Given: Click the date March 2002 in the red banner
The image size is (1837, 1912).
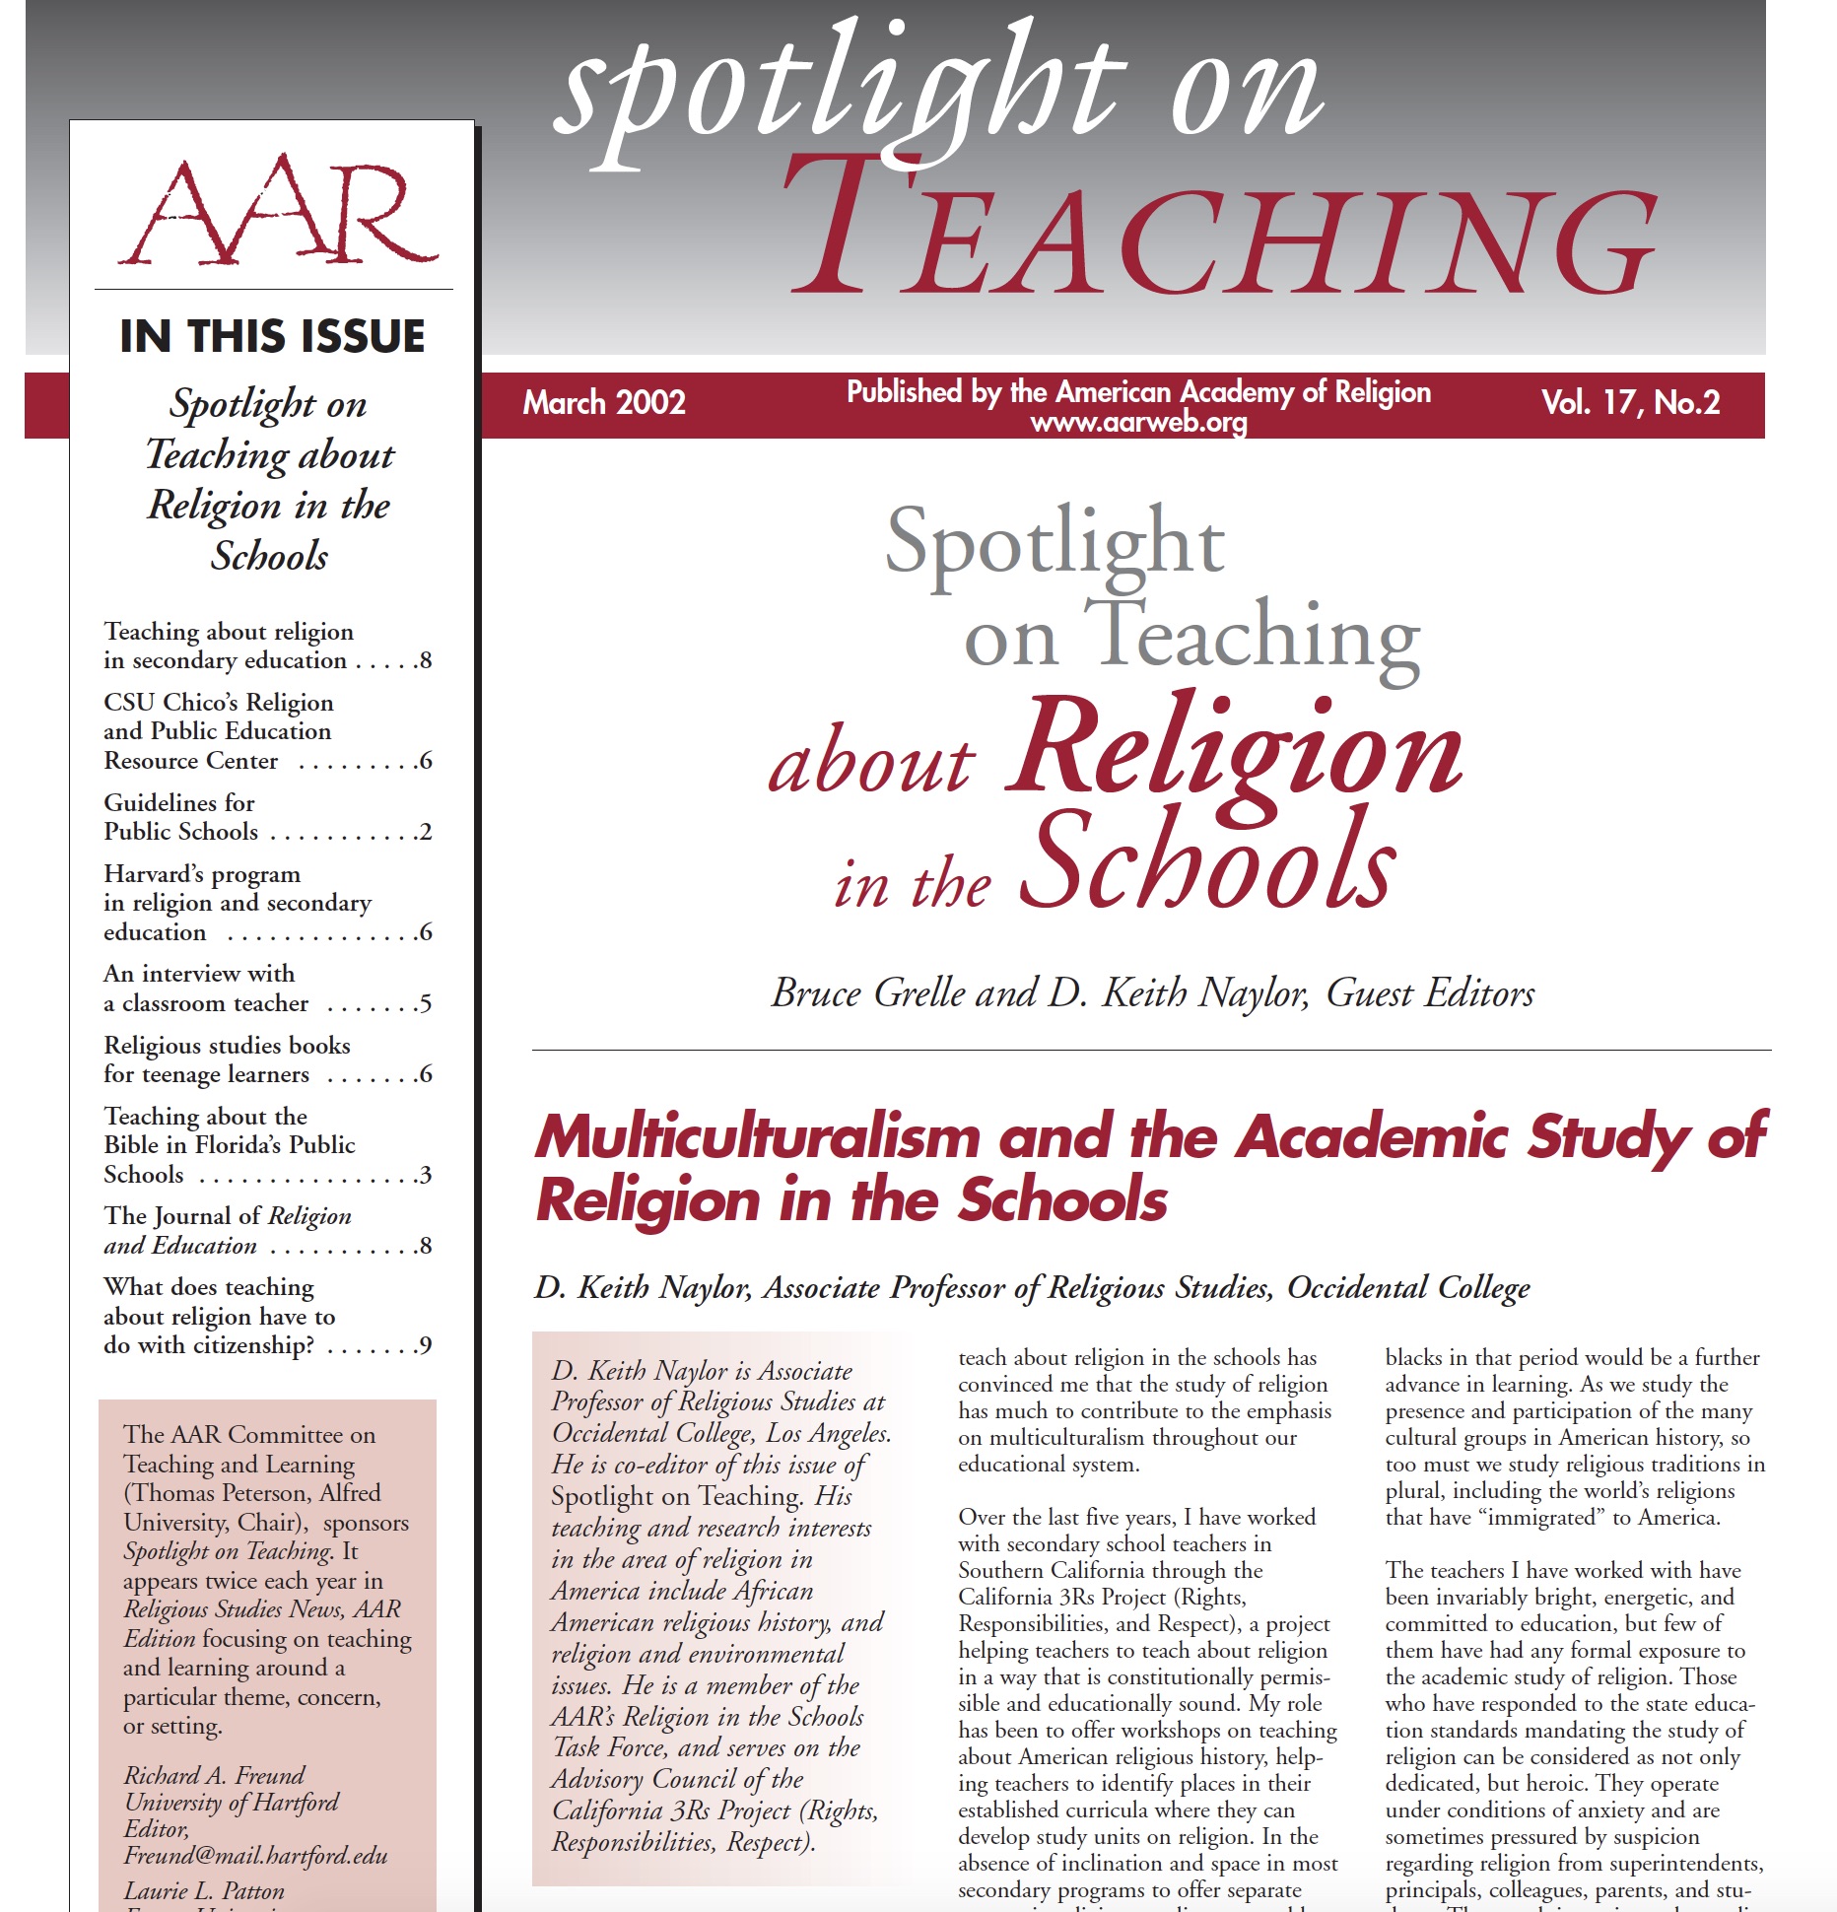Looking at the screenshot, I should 603,402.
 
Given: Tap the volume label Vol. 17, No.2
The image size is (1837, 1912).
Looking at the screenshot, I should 1630,402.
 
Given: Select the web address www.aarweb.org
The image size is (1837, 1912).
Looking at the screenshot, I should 1138,424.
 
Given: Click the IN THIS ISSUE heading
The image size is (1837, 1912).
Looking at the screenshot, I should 272,336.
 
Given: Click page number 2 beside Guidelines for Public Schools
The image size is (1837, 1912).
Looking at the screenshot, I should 425,832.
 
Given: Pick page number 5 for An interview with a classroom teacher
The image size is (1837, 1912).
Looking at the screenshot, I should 425,1003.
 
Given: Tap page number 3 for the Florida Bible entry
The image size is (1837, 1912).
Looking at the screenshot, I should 425,1175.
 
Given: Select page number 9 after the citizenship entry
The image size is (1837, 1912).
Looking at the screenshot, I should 425,1345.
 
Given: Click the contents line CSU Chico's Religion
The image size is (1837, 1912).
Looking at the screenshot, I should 219,702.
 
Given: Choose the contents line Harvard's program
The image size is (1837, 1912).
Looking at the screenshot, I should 202,873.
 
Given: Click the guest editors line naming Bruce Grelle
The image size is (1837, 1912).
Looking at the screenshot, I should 1152,992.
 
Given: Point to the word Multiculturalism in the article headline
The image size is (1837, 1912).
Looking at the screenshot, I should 757,1137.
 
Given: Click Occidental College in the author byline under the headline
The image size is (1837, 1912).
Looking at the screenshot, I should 1408,1287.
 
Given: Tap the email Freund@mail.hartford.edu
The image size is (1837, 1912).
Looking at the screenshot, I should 255,1856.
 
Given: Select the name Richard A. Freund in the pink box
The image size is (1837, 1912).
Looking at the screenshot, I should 214,1775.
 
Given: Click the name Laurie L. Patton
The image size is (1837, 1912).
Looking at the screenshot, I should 204,1890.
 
